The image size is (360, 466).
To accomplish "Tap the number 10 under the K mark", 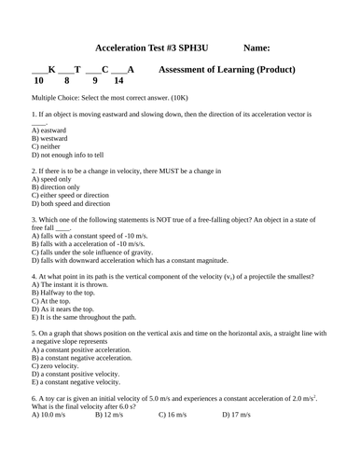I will pos(37,81).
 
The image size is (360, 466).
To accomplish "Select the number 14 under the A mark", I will pos(118,81).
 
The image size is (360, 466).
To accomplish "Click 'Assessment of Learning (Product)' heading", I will pos(228,69).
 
